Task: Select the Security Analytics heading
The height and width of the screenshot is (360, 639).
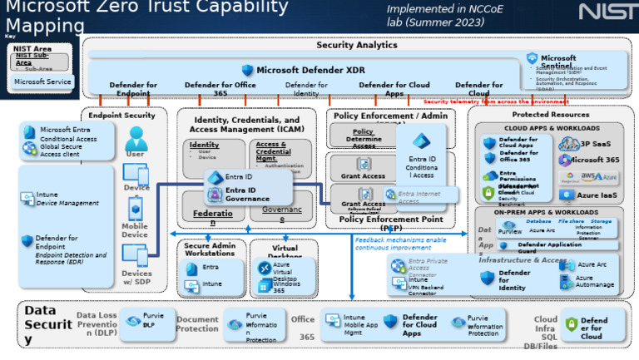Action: [356, 45]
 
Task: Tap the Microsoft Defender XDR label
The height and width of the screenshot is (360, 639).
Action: [310, 71]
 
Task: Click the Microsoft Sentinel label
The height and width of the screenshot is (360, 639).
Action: [558, 63]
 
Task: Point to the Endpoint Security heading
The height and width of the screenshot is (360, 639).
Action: [121, 115]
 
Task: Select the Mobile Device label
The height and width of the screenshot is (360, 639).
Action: [135, 230]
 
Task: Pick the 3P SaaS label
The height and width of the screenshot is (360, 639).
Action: [595, 144]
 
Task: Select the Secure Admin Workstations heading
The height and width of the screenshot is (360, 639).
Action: [210, 249]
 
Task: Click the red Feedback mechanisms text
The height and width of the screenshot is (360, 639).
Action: [400, 244]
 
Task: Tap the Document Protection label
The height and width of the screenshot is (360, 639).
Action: [197, 324]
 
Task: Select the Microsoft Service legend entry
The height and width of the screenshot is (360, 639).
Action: [42, 82]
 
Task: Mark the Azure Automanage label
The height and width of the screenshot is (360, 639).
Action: [594, 282]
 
